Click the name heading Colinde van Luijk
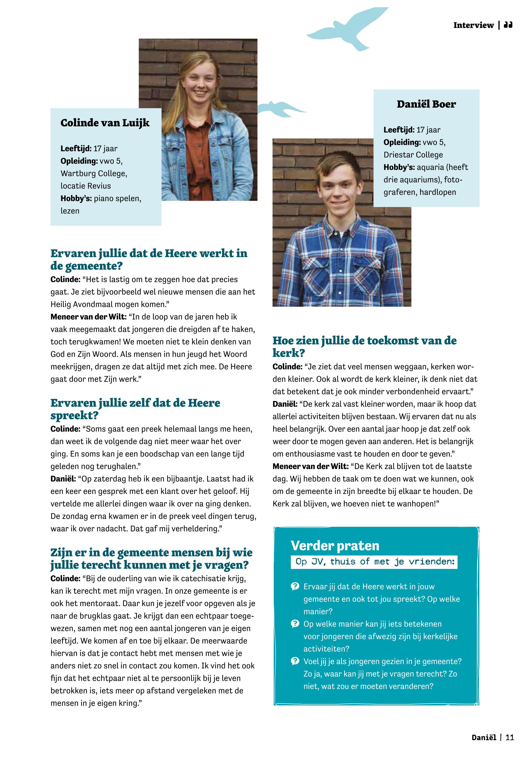(x=105, y=123)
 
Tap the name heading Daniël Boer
(x=426, y=104)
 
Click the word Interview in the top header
(x=473, y=25)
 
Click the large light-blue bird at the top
(x=347, y=30)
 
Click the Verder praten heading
(x=335, y=545)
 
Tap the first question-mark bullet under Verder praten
(x=294, y=587)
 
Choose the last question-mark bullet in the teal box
(x=294, y=661)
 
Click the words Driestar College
(x=413, y=155)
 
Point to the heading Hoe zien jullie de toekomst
(x=364, y=341)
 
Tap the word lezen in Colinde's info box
(x=70, y=211)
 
